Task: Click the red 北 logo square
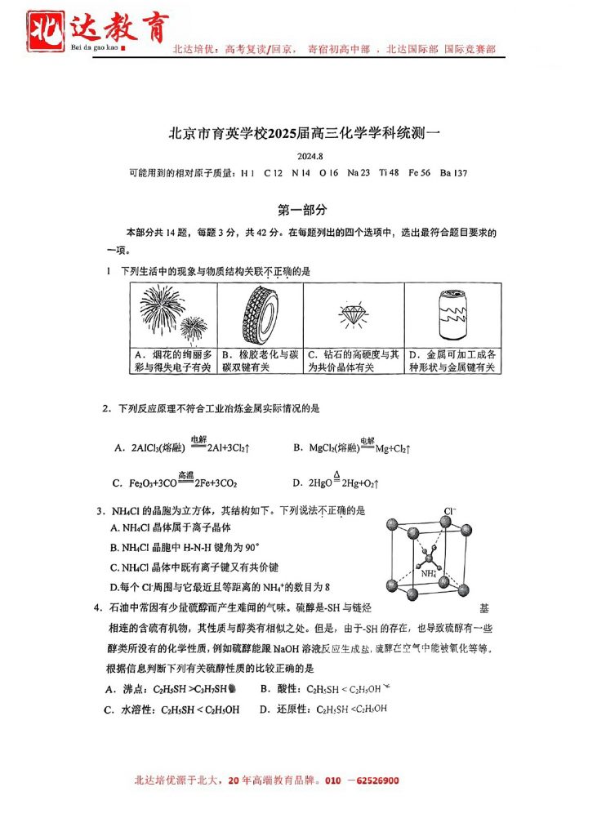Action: (x=47, y=30)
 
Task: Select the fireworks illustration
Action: (x=172, y=313)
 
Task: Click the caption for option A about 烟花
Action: (x=172, y=361)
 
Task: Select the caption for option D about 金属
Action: (x=452, y=361)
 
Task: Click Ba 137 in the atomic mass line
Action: (x=453, y=173)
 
